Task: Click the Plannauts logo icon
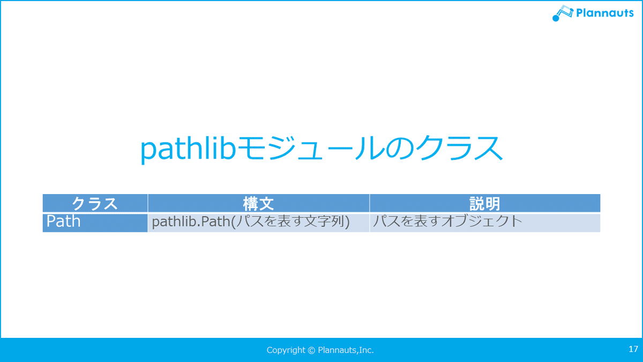click(563, 13)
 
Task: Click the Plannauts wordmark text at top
click(604, 13)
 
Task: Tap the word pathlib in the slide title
click(188, 149)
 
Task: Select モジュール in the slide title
click(311, 149)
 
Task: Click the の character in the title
click(400, 149)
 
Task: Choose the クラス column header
click(95, 203)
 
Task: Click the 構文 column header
click(259, 203)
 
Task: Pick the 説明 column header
click(485, 203)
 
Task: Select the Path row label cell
click(95, 223)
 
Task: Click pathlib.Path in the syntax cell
click(191, 221)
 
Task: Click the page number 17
click(633, 349)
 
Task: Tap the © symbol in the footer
click(311, 350)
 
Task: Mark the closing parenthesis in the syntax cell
click(347, 221)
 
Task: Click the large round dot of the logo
click(556, 18)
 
